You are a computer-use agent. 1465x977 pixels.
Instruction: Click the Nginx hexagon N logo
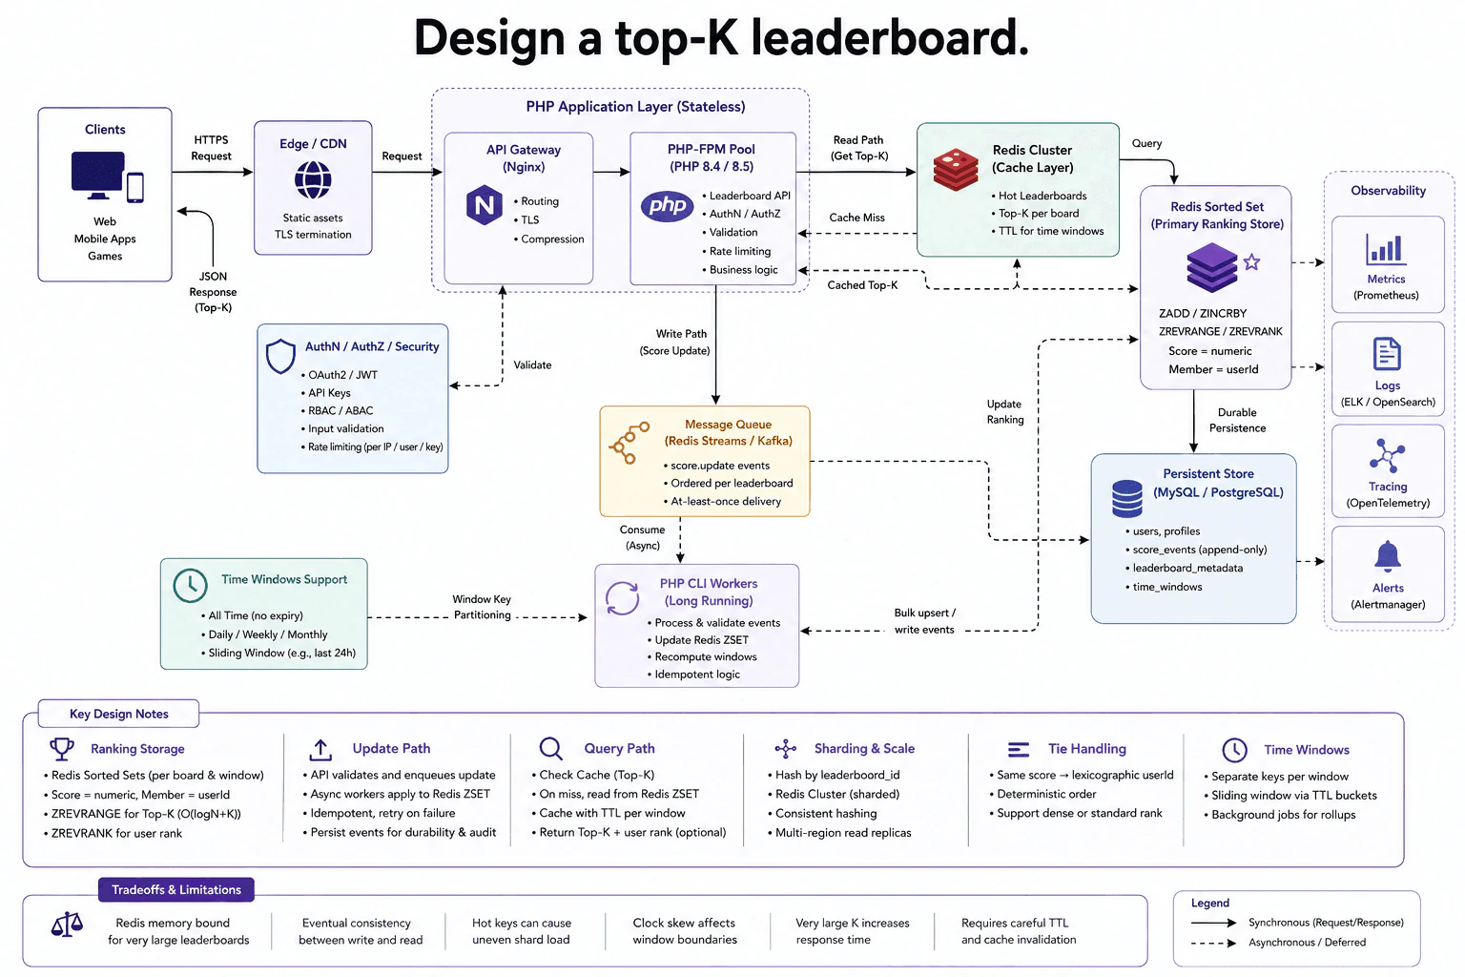484,205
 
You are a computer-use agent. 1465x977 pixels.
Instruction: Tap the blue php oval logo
667,206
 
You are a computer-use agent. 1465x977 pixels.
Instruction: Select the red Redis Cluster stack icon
956,169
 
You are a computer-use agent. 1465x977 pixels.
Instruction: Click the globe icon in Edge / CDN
313,179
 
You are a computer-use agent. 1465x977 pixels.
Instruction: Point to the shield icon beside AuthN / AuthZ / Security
280,356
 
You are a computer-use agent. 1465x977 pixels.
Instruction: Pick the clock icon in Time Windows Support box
191,585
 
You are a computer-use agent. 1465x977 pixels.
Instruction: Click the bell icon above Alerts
1387,556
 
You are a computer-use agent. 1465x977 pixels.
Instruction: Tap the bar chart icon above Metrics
1385,249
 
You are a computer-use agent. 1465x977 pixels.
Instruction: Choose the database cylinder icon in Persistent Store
1126,498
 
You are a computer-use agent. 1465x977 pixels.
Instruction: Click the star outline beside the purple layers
1251,262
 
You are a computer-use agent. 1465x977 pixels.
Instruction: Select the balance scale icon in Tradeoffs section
67,925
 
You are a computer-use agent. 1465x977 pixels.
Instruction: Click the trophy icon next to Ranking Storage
62,749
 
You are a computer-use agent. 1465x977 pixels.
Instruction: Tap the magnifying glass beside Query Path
550,749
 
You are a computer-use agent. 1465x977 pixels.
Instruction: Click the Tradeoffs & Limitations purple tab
175,889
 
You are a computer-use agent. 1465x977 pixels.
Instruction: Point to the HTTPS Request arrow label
211,148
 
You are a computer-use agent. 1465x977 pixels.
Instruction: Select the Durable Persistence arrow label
1237,420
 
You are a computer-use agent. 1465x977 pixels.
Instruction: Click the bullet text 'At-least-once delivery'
726,501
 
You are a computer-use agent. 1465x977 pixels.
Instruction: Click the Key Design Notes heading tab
118,714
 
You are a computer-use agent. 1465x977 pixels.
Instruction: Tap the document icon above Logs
1387,354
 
